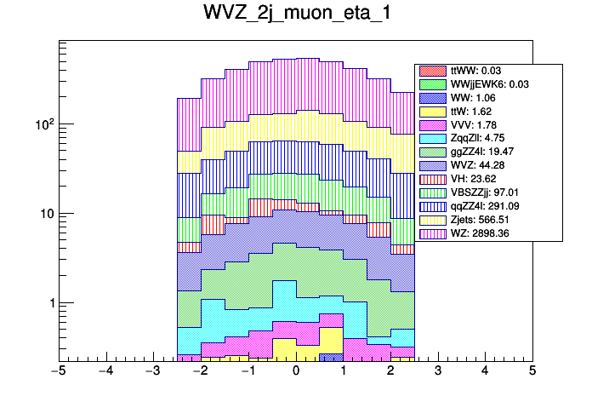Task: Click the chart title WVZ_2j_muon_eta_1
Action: click(x=295, y=14)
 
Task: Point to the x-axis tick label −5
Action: click(x=59, y=371)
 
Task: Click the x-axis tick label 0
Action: click(x=296, y=371)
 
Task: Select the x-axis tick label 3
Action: click(x=438, y=371)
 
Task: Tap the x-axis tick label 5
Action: click(x=532, y=371)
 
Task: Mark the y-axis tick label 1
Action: click(x=48, y=303)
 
